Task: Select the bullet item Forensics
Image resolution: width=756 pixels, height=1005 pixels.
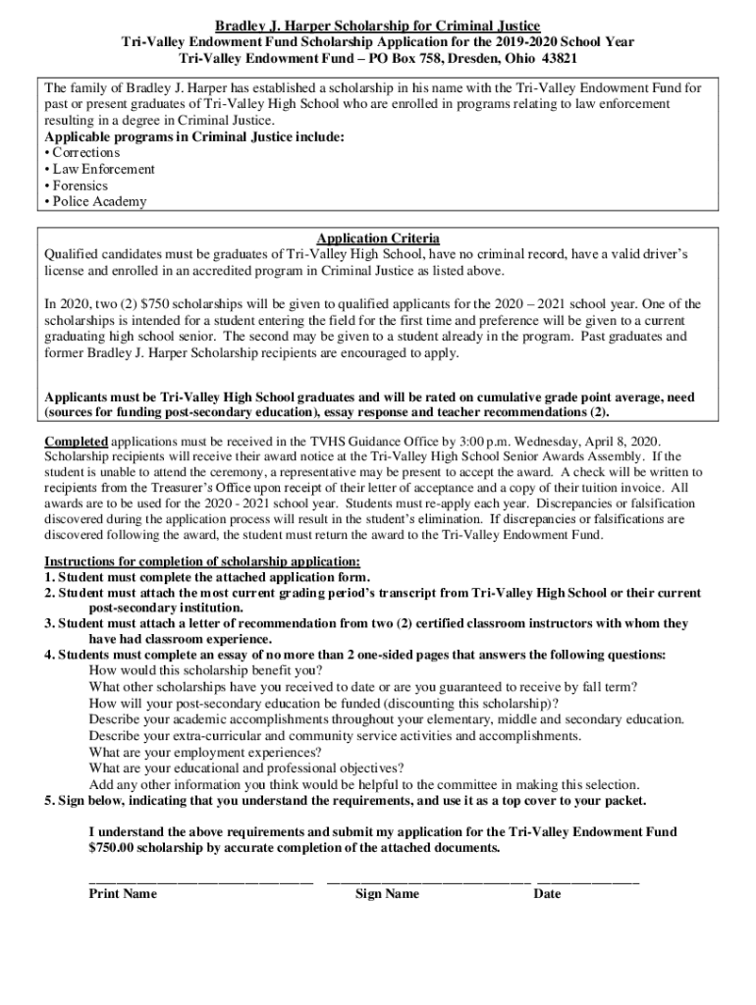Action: click(x=80, y=185)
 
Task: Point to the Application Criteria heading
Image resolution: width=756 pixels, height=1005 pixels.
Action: click(x=377, y=238)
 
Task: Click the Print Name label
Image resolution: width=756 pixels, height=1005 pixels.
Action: click(x=123, y=894)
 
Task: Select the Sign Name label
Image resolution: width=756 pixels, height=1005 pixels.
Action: click(x=387, y=894)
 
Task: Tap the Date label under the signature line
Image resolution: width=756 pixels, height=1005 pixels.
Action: click(x=547, y=894)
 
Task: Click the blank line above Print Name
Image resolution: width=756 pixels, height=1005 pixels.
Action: click(x=200, y=879)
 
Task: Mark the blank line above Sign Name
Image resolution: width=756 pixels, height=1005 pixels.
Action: click(x=428, y=879)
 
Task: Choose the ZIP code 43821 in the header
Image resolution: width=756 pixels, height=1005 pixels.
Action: click(x=558, y=58)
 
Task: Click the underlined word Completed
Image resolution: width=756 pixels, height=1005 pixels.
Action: click(x=76, y=441)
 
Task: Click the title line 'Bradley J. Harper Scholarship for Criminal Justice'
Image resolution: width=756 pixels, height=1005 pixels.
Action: click(x=378, y=25)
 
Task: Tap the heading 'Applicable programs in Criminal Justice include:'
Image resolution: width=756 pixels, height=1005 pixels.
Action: click(x=194, y=137)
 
